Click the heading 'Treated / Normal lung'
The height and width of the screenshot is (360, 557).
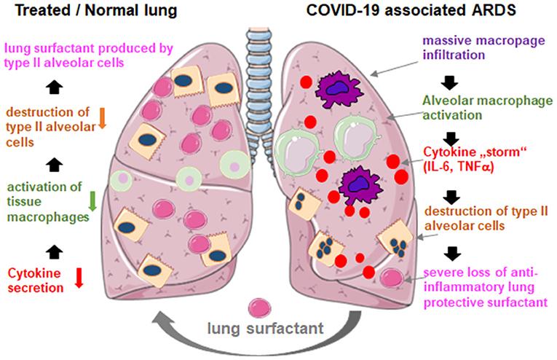click(96, 11)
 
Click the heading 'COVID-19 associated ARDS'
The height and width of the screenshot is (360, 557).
click(411, 10)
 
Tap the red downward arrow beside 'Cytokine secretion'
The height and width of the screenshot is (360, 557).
click(79, 278)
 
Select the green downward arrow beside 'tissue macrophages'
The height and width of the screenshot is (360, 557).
click(92, 201)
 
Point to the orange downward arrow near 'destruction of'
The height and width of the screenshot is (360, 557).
click(102, 118)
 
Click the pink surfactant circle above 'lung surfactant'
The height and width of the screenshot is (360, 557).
click(259, 308)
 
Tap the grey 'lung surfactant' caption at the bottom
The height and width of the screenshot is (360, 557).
click(265, 328)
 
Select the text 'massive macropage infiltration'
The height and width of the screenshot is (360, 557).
click(483, 47)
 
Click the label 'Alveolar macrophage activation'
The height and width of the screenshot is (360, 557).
click(487, 108)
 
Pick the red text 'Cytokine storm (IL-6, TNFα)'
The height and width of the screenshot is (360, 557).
click(475, 159)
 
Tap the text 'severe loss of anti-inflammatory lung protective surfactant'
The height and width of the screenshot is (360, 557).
click(486, 287)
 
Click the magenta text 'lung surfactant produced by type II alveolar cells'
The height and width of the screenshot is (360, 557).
click(88, 55)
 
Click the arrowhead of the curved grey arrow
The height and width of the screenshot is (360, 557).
click(162, 321)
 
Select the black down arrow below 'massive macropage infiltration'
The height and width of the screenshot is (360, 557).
click(449, 83)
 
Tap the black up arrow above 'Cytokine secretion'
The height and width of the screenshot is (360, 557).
click(55, 251)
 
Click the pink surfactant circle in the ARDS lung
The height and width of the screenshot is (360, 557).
click(392, 278)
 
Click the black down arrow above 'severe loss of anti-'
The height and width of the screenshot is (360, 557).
click(452, 254)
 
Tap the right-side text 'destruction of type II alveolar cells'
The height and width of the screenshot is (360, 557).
click(486, 218)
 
